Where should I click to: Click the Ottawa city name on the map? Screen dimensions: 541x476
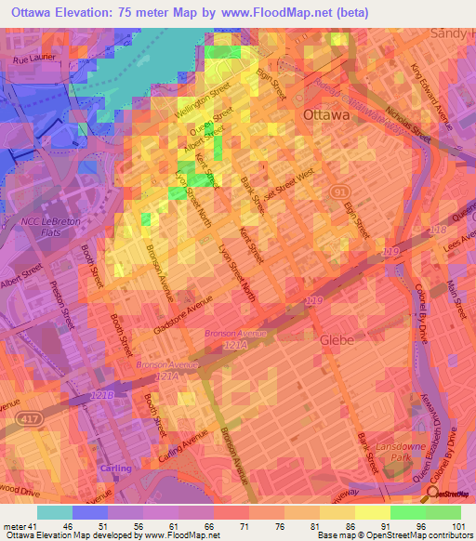[326, 115]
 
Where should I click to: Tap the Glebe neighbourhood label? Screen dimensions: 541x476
[337, 340]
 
